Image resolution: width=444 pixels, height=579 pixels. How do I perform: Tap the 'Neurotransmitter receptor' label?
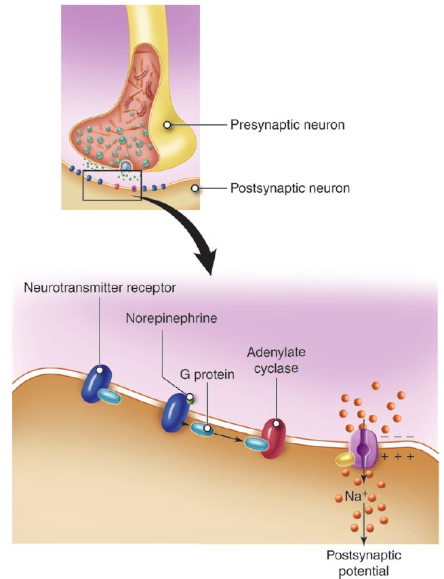click(x=100, y=287)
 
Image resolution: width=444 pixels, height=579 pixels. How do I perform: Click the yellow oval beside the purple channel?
click(x=345, y=460)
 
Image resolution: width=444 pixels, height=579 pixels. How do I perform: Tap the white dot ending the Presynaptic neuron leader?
click(x=166, y=124)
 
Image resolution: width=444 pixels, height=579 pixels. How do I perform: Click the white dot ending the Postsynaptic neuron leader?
click(x=195, y=188)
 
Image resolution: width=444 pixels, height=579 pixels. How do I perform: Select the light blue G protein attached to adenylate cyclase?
click(x=256, y=444)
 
